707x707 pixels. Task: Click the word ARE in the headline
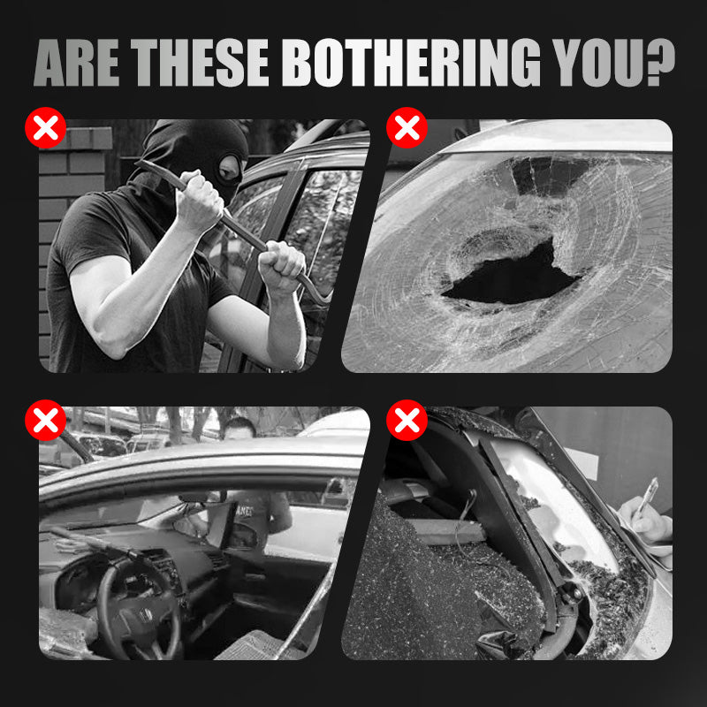click(77, 63)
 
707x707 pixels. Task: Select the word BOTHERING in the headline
click(411, 63)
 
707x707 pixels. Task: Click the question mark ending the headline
click(660, 63)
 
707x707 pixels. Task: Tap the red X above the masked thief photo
click(46, 127)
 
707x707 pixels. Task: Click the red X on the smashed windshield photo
click(407, 127)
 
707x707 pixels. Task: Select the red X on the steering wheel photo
click(46, 421)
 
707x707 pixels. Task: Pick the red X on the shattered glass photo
click(407, 421)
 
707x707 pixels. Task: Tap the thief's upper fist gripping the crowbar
click(199, 201)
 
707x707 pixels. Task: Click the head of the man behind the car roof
click(239, 429)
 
